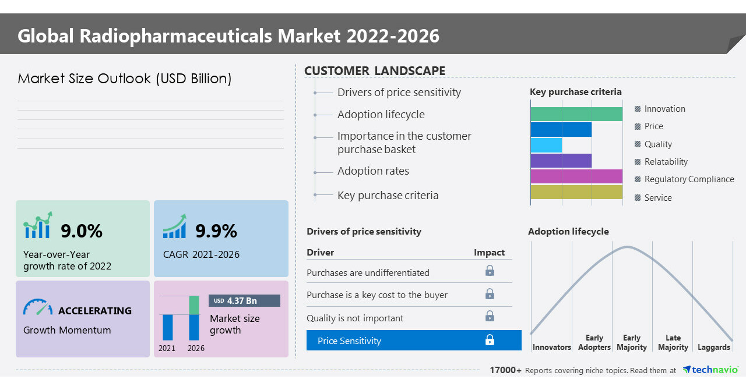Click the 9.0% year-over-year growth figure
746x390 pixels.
(x=82, y=231)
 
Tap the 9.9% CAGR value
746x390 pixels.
(x=216, y=231)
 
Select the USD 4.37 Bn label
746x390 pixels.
(x=244, y=300)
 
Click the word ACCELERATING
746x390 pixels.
(x=95, y=311)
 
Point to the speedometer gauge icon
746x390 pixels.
(x=37, y=307)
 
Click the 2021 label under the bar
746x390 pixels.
(x=167, y=348)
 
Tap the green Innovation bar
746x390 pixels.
(x=576, y=114)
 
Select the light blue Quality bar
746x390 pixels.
(x=547, y=145)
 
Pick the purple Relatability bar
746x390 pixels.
(x=561, y=161)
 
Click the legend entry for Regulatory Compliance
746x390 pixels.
(x=688, y=179)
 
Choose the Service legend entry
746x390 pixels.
(x=657, y=198)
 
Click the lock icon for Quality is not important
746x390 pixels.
(x=490, y=316)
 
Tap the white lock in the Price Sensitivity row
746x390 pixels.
(x=490, y=340)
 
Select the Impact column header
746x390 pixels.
(x=489, y=252)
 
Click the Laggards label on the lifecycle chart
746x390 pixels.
(x=713, y=347)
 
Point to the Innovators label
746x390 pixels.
(x=551, y=347)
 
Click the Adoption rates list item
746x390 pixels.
(x=373, y=171)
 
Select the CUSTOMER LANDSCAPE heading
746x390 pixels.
(x=375, y=71)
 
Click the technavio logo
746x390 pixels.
(x=710, y=370)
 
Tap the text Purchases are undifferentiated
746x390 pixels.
(x=368, y=272)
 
